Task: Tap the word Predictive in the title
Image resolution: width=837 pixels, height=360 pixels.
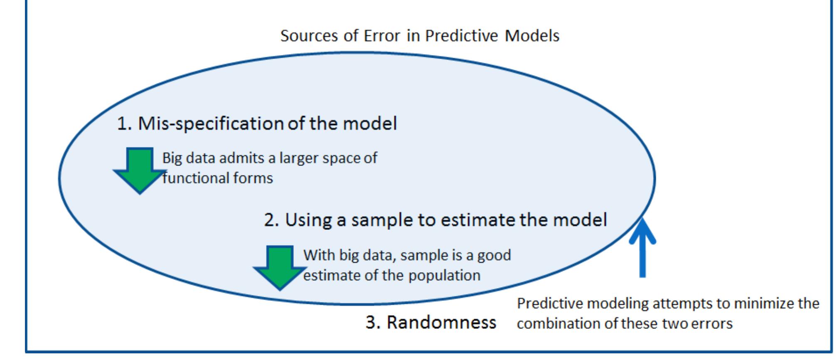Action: point(461,36)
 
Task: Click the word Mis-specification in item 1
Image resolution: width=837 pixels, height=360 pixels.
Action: point(211,123)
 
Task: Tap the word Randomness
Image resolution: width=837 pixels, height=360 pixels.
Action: point(441,322)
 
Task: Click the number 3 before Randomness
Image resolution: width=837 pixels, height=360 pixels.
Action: point(372,322)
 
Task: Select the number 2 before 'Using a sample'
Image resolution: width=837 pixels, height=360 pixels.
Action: point(271,220)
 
